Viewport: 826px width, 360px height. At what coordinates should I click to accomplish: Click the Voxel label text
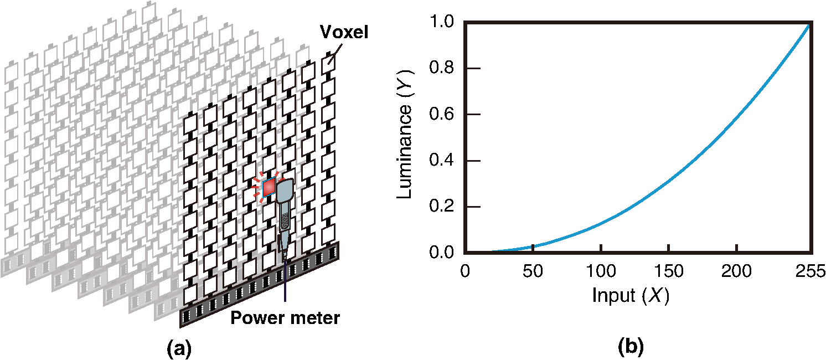point(344,32)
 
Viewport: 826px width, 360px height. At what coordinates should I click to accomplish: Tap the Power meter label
point(285,318)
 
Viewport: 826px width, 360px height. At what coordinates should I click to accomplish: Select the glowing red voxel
point(269,187)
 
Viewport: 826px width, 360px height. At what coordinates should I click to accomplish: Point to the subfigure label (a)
point(179,348)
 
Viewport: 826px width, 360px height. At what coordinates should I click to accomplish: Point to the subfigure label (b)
point(631,347)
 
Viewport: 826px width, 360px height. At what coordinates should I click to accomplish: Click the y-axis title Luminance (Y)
point(405,135)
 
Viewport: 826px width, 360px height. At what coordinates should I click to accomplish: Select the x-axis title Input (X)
point(631,295)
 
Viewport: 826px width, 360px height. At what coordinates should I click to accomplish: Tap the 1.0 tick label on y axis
point(441,22)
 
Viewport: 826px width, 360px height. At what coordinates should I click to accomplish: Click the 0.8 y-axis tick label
point(441,68)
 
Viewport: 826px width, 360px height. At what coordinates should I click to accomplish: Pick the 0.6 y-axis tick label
point(441,114)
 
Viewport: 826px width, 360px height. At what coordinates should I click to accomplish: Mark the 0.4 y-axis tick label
point(441,161)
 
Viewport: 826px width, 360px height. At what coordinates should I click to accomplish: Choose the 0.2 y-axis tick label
point(441,207)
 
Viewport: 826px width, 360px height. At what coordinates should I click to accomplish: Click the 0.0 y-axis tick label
point(441,253)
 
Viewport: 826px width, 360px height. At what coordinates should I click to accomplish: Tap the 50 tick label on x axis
point(533,271)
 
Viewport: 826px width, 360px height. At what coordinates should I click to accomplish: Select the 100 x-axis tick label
point(601,271)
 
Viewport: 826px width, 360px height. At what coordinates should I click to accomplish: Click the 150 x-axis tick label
point(669,271)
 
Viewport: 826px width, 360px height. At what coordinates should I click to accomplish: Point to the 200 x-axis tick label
point(736,271)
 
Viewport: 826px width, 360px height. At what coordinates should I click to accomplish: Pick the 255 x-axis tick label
point(810,271)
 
